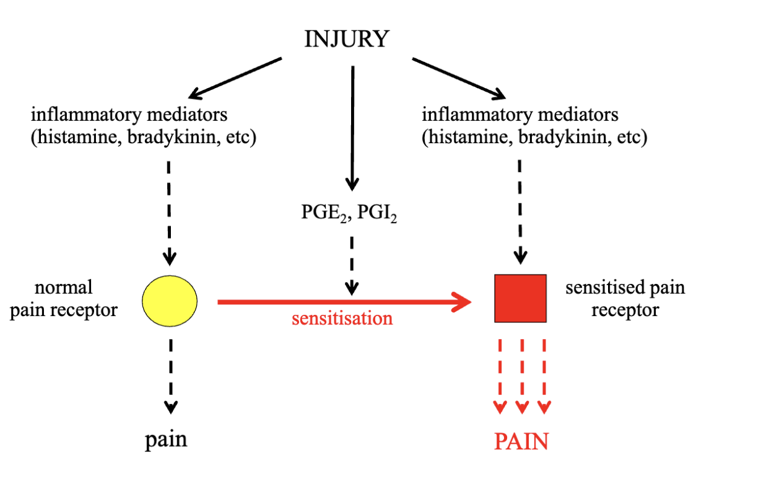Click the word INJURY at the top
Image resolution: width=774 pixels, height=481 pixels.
click(347, 40)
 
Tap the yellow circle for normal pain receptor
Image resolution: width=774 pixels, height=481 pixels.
click(170, 301)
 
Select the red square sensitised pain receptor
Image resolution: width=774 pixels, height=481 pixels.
click(520, 298)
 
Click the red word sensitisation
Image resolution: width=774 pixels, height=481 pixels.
click(342, 319)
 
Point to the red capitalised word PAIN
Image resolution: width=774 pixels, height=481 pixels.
click(521, 441)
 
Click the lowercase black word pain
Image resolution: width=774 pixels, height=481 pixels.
click(166, 439)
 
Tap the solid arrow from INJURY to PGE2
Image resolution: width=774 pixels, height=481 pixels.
click(352, 124)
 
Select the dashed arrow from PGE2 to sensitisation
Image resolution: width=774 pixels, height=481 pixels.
click(352, 263)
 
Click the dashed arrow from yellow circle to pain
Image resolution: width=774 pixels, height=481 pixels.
click(170, 372)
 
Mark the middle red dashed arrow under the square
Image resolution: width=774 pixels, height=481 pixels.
click(522, 375)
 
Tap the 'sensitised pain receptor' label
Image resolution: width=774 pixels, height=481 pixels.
click(625, 298)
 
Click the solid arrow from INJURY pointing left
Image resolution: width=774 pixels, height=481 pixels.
click(235, 78)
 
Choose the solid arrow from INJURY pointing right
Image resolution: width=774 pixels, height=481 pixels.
click(458, 78)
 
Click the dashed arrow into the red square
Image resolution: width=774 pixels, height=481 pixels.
click(521, 211)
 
